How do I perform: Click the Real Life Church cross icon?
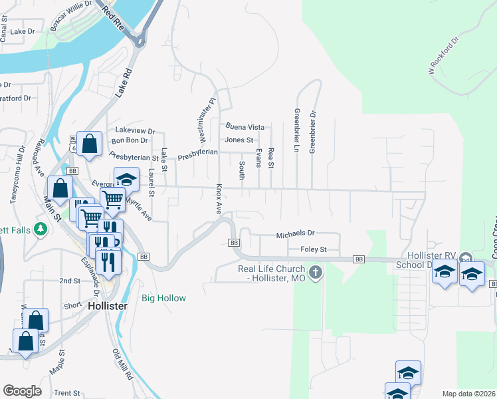point(316,272)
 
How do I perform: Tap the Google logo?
point(22,391)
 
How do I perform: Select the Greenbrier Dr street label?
point(312,131)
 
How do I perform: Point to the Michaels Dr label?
point(295,234)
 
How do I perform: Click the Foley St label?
point(314,249)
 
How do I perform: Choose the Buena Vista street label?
point(245,127)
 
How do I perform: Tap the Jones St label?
point(239,140)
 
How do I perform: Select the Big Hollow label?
point(164,298)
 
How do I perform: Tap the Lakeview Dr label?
point(135,131)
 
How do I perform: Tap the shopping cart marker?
point(113,198)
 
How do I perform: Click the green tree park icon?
point(41,229)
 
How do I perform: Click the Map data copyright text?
point(468,394)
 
